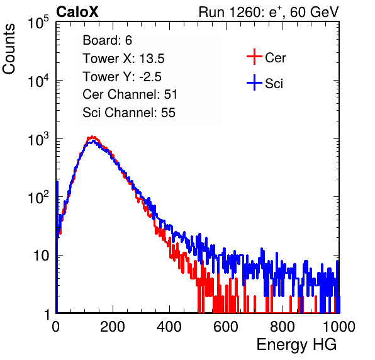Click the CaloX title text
click(77, 12)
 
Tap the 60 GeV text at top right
click(314, 13)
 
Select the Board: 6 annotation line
click(107, 40)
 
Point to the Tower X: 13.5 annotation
click(123, 59)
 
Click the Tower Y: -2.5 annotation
click(122, 77)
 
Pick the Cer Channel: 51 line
click(130, 94)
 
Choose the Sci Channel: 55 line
click(129, 113)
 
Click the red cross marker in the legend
click(254, 57)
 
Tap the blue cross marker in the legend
click(254, 82)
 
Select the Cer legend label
click(275, 58)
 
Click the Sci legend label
click(274, 84)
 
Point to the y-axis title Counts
click(9, 49)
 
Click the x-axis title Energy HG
click(296, 344)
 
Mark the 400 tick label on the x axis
click(169, 327)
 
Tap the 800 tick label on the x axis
click(283, 327)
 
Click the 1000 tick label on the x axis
click(339, 327)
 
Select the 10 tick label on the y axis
click(41, 256)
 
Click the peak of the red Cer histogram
click(92, 137)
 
